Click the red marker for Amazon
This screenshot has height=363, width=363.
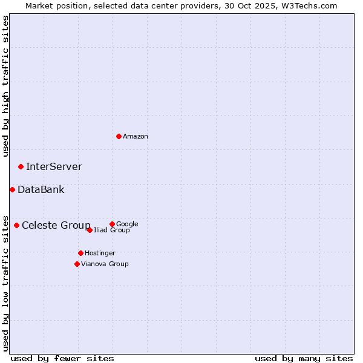tap(119, 136)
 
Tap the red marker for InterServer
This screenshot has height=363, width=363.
tap(21, 166)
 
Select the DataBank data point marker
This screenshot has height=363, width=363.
tap(12, 189)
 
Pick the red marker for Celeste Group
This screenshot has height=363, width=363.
tap(16, 225)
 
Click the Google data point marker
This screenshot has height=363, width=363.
tap(112, 224)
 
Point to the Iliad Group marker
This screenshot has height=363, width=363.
tap(90, 230)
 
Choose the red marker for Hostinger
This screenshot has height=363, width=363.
tap(80, 253)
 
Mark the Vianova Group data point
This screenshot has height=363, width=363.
tap(77, 264)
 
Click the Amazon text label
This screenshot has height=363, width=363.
tap(136, 137)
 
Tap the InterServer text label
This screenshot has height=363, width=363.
tap(54, 167)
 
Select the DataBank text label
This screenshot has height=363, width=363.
tap(41, 190)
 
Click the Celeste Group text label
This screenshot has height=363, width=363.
tap(56, 226)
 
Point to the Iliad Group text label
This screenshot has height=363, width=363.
tap(112, 231)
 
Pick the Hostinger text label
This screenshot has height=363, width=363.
tap(100, 253)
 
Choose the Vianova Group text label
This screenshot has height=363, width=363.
tap(105, 264)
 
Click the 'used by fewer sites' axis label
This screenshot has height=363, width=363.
tap(62, 358)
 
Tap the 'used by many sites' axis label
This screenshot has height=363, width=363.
tap(304, 358)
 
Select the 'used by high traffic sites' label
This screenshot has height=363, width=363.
tap(5, 86)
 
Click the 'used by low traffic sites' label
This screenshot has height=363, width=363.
tap(5, 283)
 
